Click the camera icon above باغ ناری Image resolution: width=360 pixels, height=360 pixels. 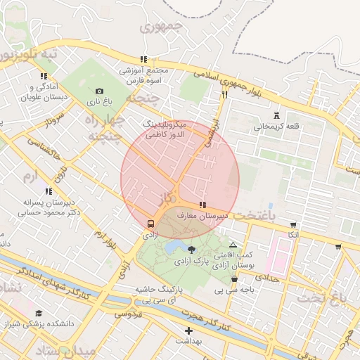point(99,91)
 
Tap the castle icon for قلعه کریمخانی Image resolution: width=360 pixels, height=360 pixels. point(276,115)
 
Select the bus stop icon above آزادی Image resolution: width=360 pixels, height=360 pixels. point(150,223)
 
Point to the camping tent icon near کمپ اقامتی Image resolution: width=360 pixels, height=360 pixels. point(233,245)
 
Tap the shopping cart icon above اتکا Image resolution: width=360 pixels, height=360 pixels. point(293,225)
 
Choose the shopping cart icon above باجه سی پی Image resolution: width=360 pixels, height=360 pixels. point(234,279)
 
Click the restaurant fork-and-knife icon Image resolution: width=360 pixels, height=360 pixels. point(225,94)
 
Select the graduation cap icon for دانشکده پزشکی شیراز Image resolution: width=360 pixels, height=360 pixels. point(39,313)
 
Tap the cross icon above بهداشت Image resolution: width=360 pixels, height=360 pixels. point(188,330)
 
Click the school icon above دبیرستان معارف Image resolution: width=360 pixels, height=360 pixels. point(202,205)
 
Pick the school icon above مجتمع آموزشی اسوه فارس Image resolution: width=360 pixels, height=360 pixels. point(144,60)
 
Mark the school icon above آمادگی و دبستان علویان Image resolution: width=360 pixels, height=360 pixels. point(44,76)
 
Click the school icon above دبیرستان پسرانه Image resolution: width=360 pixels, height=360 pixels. point(48,191)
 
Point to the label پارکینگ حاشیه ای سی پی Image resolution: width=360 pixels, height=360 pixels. point(160,295)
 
